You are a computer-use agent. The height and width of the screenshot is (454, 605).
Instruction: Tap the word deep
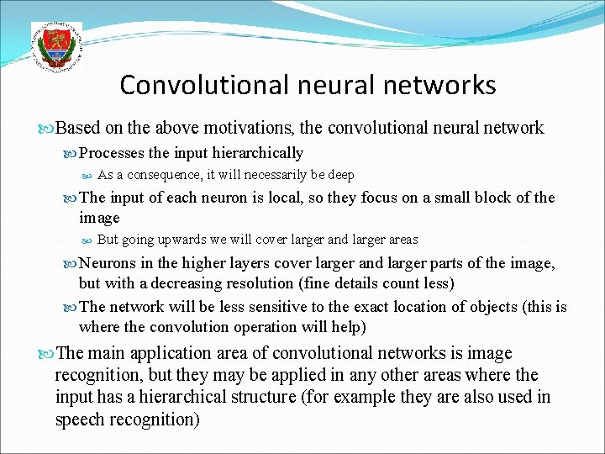pos(339,175)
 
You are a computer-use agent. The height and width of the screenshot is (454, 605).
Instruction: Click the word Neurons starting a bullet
pos(108,263)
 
